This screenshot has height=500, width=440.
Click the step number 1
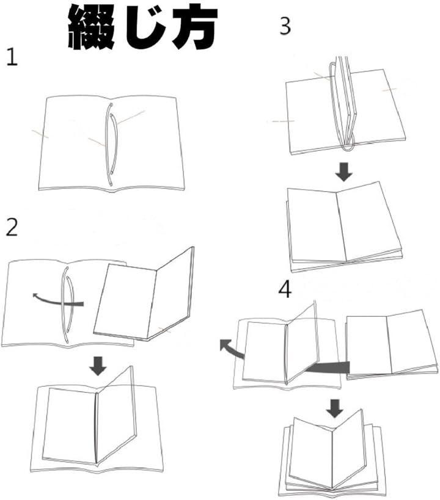pyautogui.click(x=12, y=57)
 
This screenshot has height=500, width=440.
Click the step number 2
pyautogui.click(x=12, y=228)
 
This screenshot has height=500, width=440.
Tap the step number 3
pyautogui.click(x=285, y=26)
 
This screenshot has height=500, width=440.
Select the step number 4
pyautogui.click(x=285, y=290)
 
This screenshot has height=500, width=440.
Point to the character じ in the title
pyautogui.click(x=145, y=27)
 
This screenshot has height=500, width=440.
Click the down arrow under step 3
pyautogui.click(x=343, y=172)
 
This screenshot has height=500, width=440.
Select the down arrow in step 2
pyautogui.click(x=98, y=366)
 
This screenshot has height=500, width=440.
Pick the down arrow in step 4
pyautogui.click(x=335, y=408)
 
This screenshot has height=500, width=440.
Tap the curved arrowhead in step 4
pyautogui.click(x=226, y=345)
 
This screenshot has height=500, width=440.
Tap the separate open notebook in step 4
pyautogui.click(x=392, y=345)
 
